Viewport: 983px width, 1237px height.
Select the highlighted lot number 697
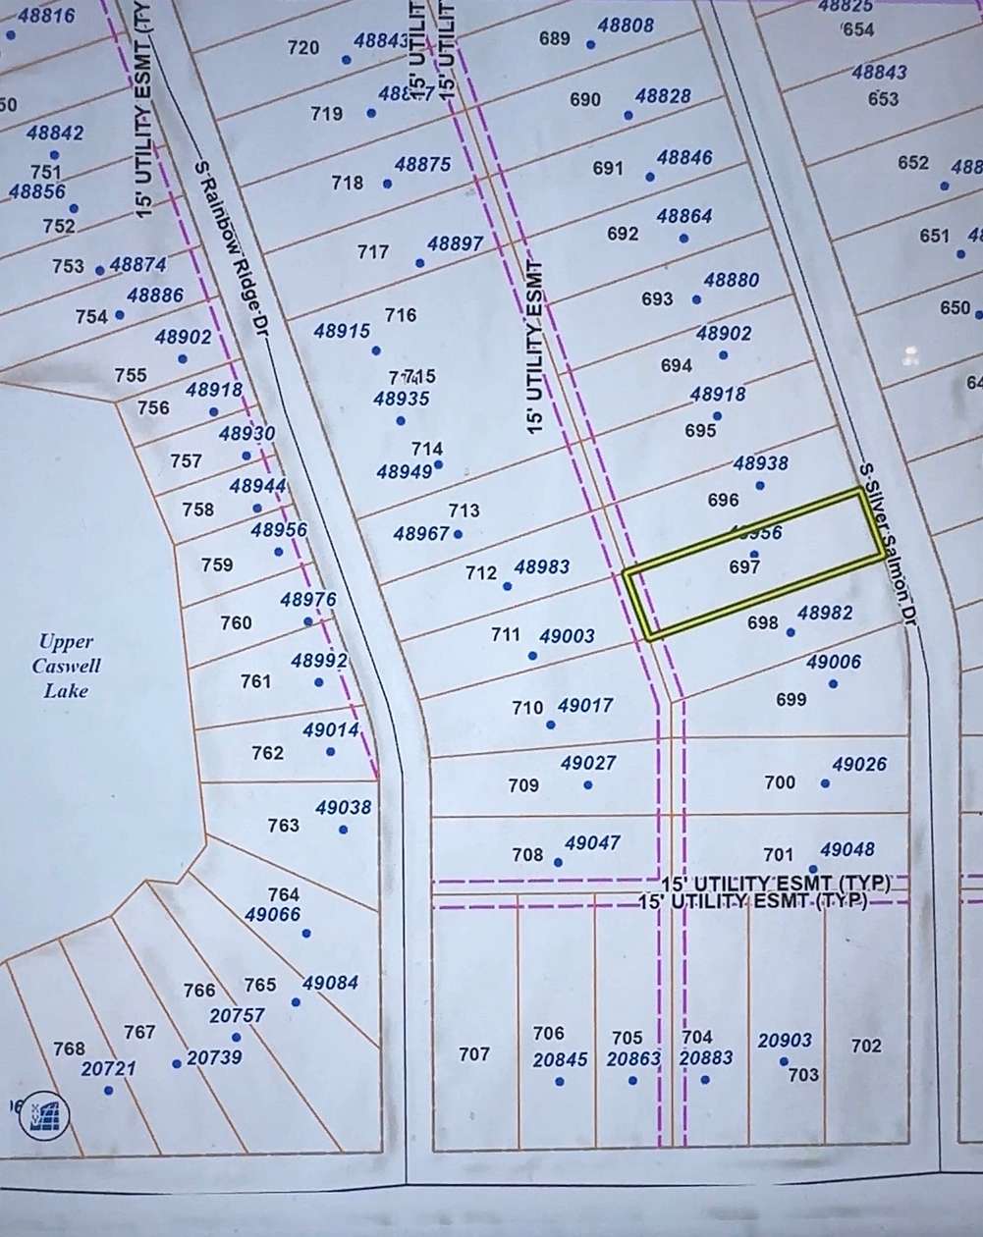pyautogui.click(x=745, y=565)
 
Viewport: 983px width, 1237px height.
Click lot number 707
pyautogui.click(x=474, y=1054)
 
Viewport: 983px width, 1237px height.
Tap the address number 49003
pyautogui.click(x=567, y=636)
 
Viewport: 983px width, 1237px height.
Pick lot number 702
pyautogui.click(x=866, y=1046)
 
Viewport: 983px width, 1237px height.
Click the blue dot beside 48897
pyautogui.click(x=420, y=263)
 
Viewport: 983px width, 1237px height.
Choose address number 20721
pyautogui.click(x=107, y=1068)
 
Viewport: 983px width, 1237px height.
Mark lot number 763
pyautogui.click(x=283, y=826)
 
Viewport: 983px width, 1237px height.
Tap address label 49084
pyautogui.click(x=330, y=983)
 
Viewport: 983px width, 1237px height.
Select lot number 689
pyautogui.click(x=555, y=38)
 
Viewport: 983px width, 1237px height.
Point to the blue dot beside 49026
pyautogui.click(x=825, y=783)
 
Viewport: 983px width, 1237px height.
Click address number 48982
pyautogui.click(x=825, y=613)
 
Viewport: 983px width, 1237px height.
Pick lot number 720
pyautogui.click(x=303, y=47)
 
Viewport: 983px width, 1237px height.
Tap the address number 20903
pyautogui.click(x=785, y=1041)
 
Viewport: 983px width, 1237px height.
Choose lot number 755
pyautogui.click(x=131, y=375)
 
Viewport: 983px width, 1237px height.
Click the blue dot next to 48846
pyautogui.click(x=650, y=178)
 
